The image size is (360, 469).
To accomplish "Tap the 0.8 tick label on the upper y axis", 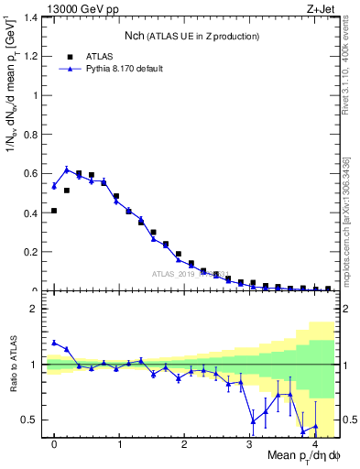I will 32,134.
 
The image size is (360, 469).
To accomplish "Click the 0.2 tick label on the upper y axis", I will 32,252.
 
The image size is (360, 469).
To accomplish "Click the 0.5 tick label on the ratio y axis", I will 32,420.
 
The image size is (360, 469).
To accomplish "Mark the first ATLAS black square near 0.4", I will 54,211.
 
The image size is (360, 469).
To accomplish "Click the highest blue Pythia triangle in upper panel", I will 67,169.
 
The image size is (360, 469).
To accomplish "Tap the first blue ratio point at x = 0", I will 54,343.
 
